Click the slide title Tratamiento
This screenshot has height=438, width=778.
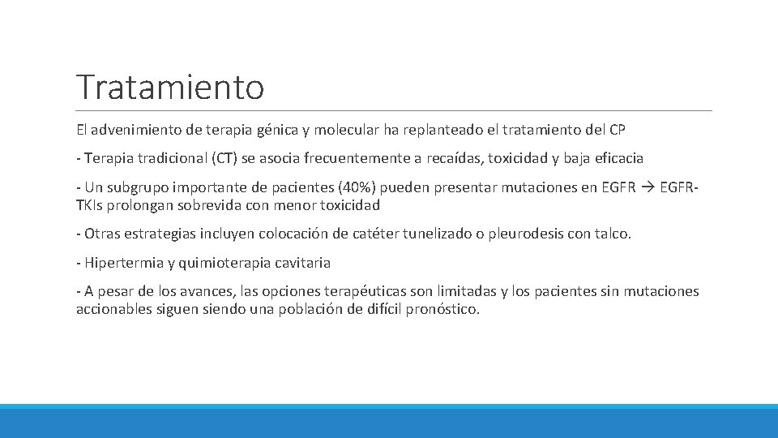pos(170,87)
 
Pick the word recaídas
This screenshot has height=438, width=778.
pos(449,159)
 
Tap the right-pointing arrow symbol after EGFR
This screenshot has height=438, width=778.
pos(648,189)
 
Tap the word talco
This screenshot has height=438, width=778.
pos(611,234)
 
